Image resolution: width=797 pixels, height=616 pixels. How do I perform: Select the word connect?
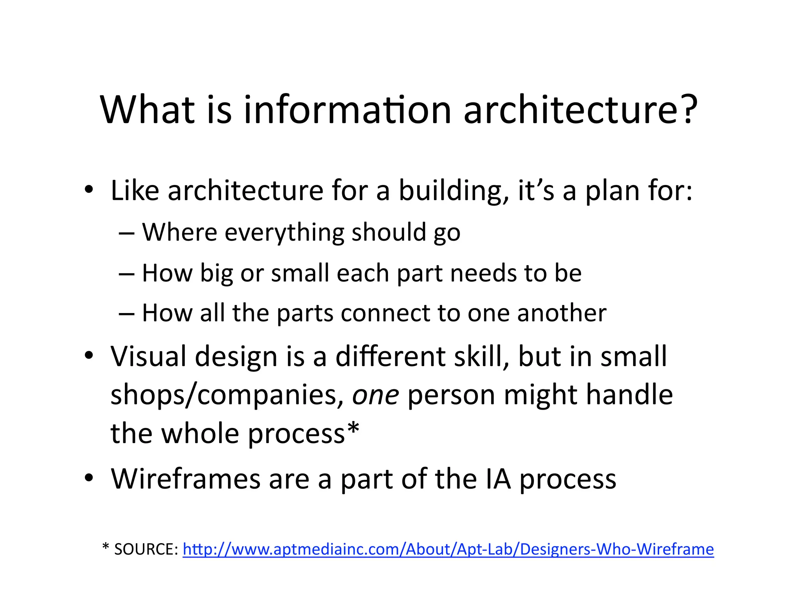(385, 313)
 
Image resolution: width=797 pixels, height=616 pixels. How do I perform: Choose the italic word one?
(376, 396)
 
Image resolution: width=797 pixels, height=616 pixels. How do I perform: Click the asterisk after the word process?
(353, 429)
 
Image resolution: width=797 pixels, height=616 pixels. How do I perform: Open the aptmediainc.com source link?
(448, 549)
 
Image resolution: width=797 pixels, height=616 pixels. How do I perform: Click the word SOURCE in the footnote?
(146, 549)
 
